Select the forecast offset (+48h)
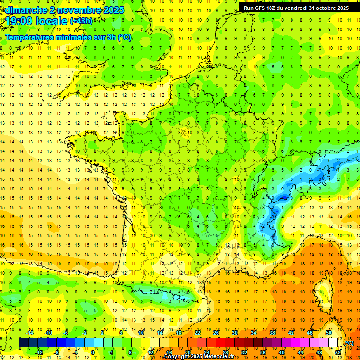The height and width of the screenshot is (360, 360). [81, 21]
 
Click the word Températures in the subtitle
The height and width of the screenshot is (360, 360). [29, 37]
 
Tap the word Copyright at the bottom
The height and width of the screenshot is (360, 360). [176, 357]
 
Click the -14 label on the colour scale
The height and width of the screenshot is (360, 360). [30, 333]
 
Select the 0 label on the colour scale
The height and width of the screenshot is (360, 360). [92, 352]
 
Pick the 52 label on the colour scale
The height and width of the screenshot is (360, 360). [338, 352]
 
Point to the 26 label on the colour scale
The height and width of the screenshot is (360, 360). [216, 333]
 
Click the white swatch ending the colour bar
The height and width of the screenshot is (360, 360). [333, 343]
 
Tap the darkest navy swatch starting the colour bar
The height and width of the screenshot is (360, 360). [23, 343]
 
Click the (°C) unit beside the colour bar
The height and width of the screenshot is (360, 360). [349, 343]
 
